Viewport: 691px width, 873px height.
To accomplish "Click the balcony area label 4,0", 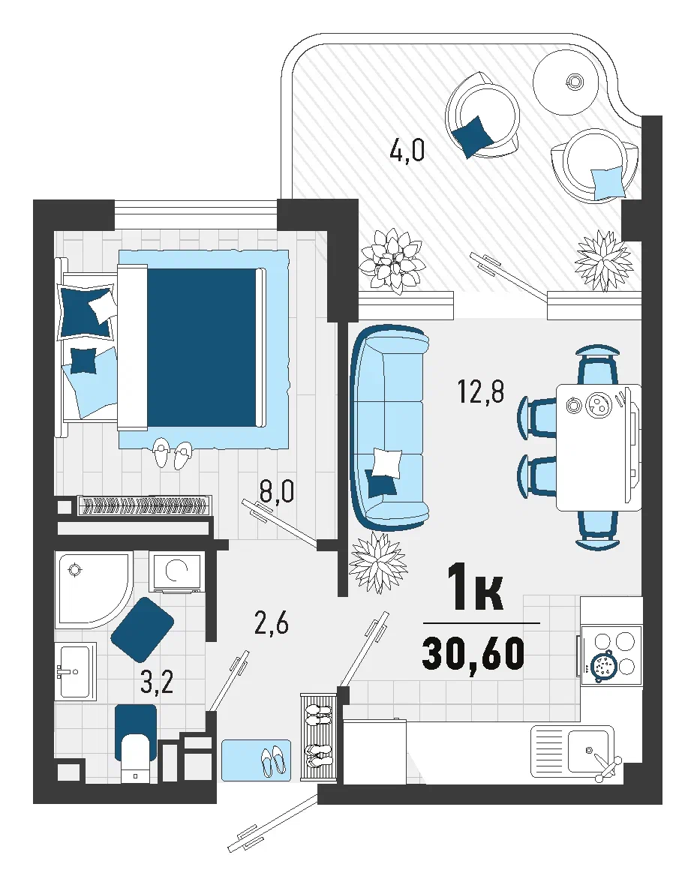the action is [x=407, y=150].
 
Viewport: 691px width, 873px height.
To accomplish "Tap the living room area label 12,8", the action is [x=480, y=391].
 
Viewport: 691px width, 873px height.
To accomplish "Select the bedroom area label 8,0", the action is [x=277, y=492].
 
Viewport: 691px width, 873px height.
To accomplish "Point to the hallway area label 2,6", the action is [x=271, y=623].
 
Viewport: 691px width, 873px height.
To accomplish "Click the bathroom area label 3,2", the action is [x=157, y=682].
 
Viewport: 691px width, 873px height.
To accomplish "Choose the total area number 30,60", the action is [x=473, y=653].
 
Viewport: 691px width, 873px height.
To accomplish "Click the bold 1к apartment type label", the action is [x=475, y=586].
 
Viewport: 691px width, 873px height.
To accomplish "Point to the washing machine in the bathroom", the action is [x=176, y=573].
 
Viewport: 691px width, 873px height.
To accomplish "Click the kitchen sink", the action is [x=573, y=751].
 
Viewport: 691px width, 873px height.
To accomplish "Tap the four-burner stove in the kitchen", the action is [x=611, y=655].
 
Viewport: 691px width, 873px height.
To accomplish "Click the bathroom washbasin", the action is [x=76, y=671].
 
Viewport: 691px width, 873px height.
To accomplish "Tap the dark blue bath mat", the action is [x=143, y=629].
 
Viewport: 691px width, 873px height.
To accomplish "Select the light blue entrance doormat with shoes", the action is [x=256, y=760].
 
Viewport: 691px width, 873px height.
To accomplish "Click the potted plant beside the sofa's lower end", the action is [x=378, y=562].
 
